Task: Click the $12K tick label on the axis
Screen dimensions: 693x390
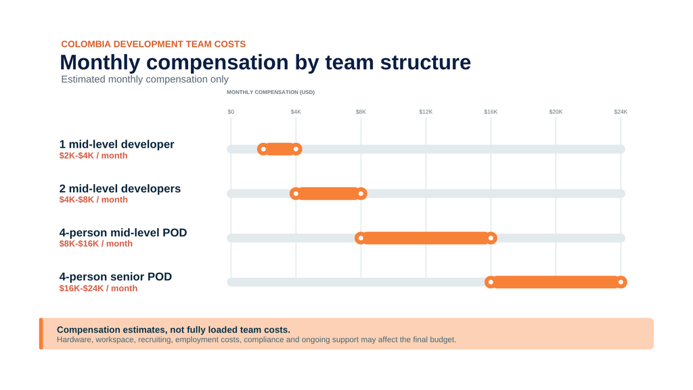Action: [x=426, y=112]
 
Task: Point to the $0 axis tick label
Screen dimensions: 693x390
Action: [x=231, y=112]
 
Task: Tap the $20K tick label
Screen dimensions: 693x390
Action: [x=556, y=112]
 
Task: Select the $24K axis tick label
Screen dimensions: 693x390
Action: [x=621, y=112]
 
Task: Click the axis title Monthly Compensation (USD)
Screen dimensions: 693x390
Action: [x=271, y=92]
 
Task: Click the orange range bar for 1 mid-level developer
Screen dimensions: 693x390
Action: [x=280, y=149]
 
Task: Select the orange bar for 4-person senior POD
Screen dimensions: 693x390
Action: [x=556, y=282]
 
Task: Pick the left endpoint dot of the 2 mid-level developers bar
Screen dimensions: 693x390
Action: [x=296, y=194]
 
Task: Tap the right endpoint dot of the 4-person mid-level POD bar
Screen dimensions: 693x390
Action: [x=491, y=238]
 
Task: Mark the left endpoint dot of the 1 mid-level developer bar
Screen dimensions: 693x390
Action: [x=263, y=149]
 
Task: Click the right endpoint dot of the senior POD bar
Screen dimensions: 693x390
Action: [x=621, y=282]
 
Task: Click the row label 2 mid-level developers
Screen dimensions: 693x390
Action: [x=120, y=188]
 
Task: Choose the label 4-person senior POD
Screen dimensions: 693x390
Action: [x=115, y=277]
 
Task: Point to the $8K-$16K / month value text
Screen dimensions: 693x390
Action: [x=96, y=244]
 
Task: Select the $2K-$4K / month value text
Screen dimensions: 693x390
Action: [x=93, y=156]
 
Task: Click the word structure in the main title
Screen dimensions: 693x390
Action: [x=425, y=62]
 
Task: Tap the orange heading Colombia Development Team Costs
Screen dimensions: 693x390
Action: [x=154, y=44]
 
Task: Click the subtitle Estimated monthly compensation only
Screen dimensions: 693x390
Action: [x=145, y=79]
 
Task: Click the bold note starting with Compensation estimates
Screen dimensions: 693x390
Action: [x=173, y=330]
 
